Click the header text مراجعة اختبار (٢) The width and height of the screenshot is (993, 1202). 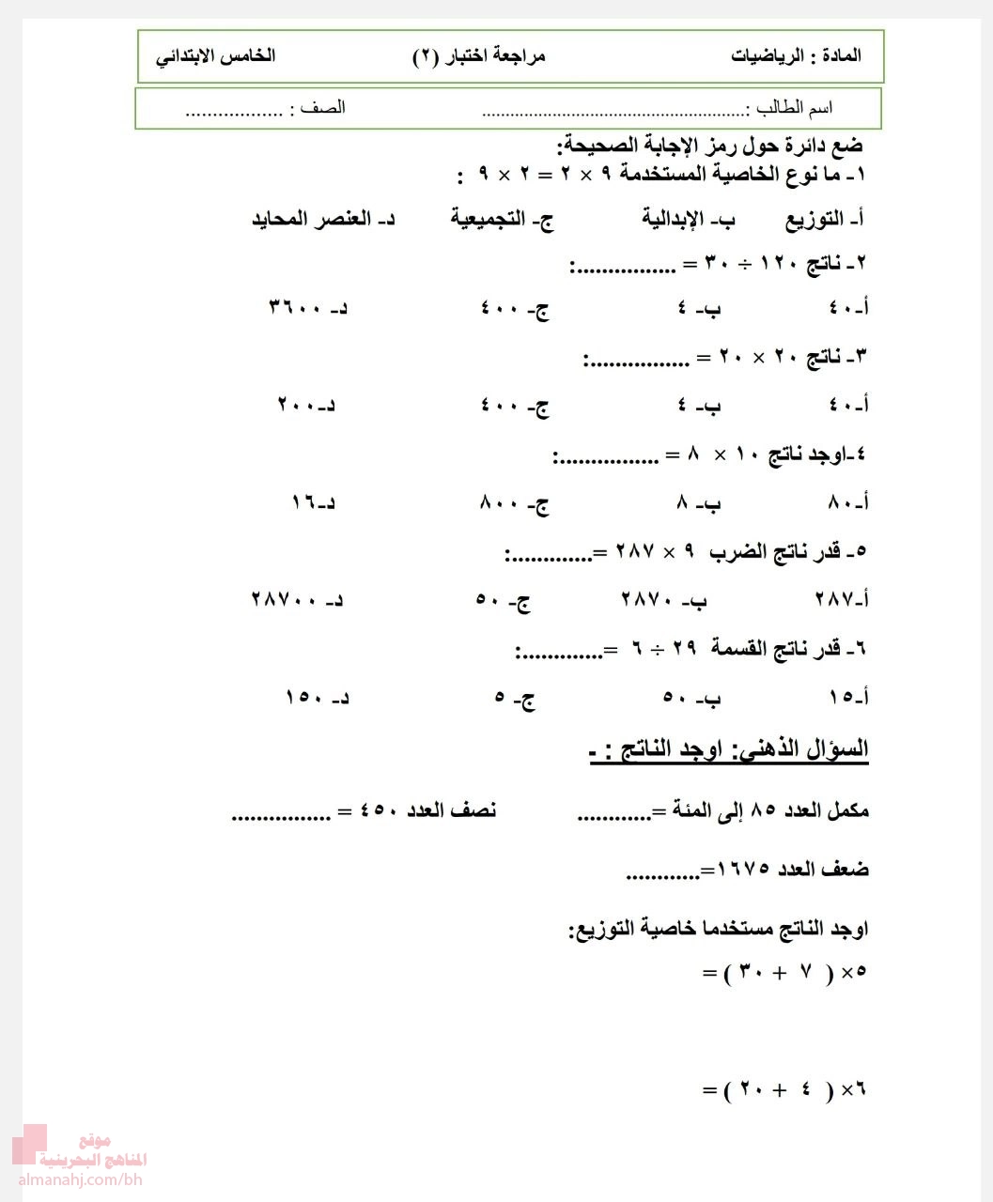coord(479,56)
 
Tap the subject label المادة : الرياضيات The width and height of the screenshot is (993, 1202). coord(796,55)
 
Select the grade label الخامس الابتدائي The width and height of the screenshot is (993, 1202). coord(215,55)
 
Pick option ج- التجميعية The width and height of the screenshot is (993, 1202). coord(502,220)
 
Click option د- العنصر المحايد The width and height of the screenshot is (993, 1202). coord(323,220)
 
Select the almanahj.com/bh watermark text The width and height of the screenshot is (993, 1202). coord(79,1179)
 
